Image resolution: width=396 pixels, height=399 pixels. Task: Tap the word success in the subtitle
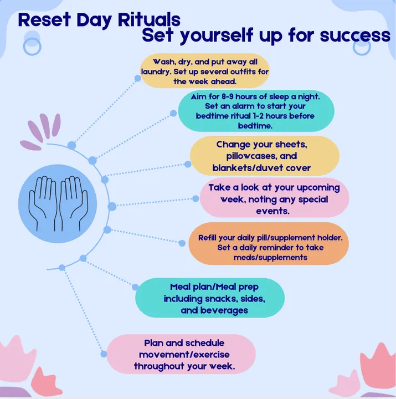(355, 35)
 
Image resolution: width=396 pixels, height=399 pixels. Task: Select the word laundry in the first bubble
(155, 72)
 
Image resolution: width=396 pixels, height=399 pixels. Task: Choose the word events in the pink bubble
(272, 211)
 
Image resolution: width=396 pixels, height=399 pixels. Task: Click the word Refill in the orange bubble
(207, 238)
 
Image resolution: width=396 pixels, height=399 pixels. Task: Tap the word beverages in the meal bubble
(224, 310)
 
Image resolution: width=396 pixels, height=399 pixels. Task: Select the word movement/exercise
(184, 355)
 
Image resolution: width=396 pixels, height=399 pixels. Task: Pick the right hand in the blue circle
(74, 202)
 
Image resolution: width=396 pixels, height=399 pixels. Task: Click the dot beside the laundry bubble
(138, 78)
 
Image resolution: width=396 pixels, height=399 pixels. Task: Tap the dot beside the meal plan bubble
(135, 287)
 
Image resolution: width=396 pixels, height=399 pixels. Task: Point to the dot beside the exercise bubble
(104, 354)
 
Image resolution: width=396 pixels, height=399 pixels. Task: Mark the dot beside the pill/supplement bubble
(182, 243)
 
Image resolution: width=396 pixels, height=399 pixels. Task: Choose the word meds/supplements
(270, 258)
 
